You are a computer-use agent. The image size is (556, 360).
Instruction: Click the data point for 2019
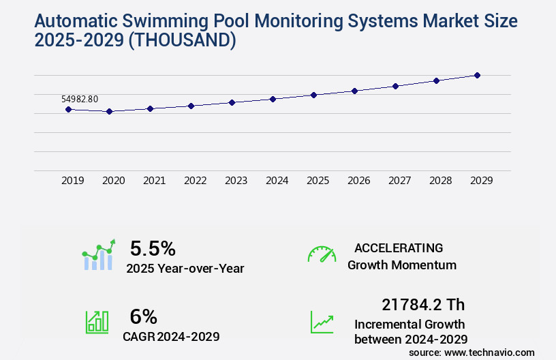(x=68, y=109)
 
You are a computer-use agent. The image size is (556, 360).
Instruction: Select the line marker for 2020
(x=109, y=111)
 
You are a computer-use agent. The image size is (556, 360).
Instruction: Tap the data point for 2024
(x=273, y=99)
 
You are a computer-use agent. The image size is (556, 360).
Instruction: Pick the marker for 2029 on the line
(x=477, y=75)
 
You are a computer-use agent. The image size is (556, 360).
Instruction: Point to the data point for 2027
(x=395, y=86)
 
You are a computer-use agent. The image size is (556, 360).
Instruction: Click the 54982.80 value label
(x=80, y=99)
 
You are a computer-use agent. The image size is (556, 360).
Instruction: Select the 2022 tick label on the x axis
(x=195, y=181)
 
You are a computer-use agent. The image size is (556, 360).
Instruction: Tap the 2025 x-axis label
(x=318, y=181)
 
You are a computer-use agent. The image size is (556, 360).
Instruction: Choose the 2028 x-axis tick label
(x=440, y=181)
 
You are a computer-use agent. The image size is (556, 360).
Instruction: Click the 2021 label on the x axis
(x=154, y=181)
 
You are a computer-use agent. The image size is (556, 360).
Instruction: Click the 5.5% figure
(x=153, y=247)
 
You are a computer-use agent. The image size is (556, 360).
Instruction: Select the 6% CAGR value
(x=143, y=316)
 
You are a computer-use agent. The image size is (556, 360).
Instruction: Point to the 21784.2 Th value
(x=423, y=305)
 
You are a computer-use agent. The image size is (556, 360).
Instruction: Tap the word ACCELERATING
(x=399, y=247)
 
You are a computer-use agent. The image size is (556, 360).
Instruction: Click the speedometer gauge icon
(x=322, y=254)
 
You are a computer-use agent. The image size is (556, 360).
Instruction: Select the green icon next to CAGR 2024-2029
(x=97, y=322)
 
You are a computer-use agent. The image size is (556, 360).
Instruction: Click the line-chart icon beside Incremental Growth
(x=322, y=322)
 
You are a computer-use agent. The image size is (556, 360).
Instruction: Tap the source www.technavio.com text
(x=472, y=352)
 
